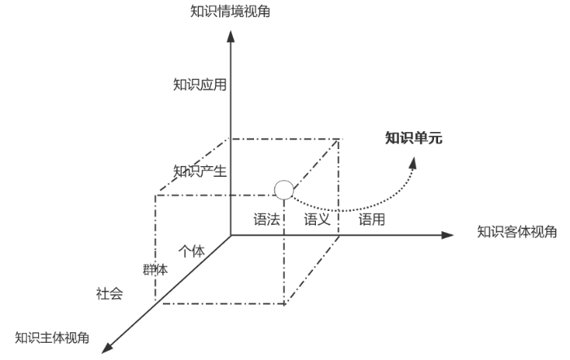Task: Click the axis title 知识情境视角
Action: (230, 11)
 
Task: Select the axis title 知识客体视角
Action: (516, 231)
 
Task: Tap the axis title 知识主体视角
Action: (52, 338)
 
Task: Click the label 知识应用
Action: (199, 85)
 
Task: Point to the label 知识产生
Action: (199, 171)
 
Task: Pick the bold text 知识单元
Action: (414, 138)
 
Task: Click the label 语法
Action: (266, 219)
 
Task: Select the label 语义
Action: (317, 219)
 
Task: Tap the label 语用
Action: (371, 219)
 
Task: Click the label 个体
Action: (191, 251)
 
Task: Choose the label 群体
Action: (156, 270)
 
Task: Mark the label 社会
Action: (109, 293)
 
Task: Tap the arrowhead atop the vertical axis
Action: (230, 37)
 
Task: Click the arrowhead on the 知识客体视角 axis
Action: (448, 235)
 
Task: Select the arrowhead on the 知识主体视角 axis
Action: (107, 348)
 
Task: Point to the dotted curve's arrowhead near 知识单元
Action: (413, 163)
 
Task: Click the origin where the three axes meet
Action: (230, 235)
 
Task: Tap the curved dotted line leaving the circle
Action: (349, 210)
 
